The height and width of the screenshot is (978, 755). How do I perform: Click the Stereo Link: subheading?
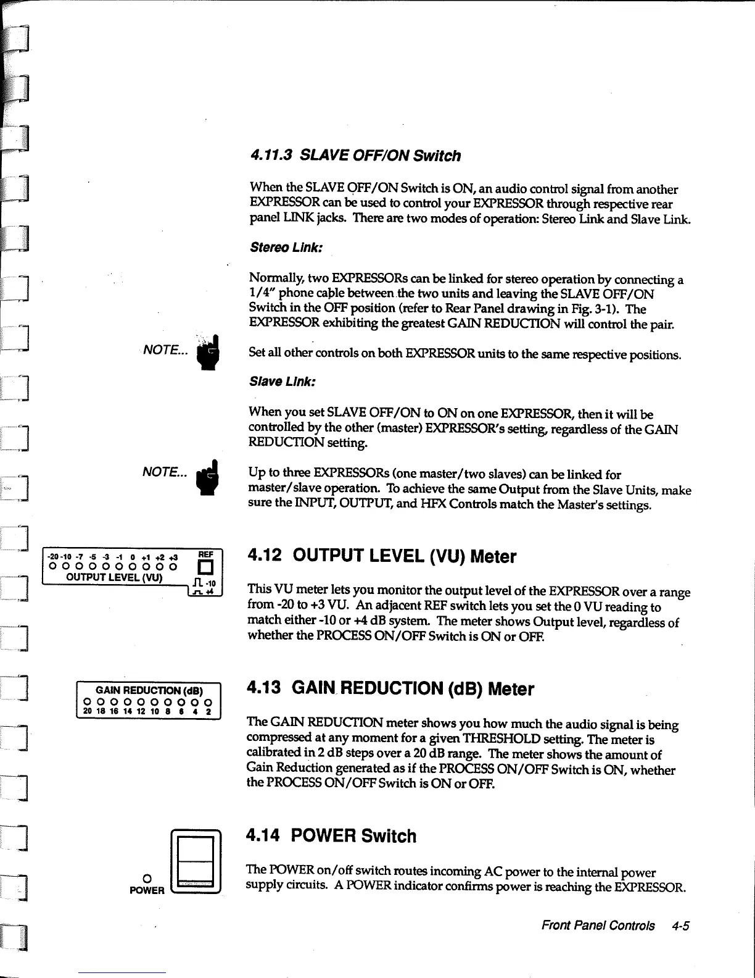(278, 248)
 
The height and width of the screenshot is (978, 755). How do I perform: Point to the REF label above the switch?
(205, 554)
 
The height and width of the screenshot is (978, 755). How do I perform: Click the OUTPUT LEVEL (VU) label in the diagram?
(114, 578)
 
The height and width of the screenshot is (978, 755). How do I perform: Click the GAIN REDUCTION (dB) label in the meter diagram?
(149, 690)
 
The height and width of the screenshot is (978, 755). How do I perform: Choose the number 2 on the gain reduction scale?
(208, 711)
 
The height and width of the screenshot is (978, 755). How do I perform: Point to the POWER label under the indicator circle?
(146, 890)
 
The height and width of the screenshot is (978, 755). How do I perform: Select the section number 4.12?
(264, 556)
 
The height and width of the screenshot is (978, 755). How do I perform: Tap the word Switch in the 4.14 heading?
(389, 836)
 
